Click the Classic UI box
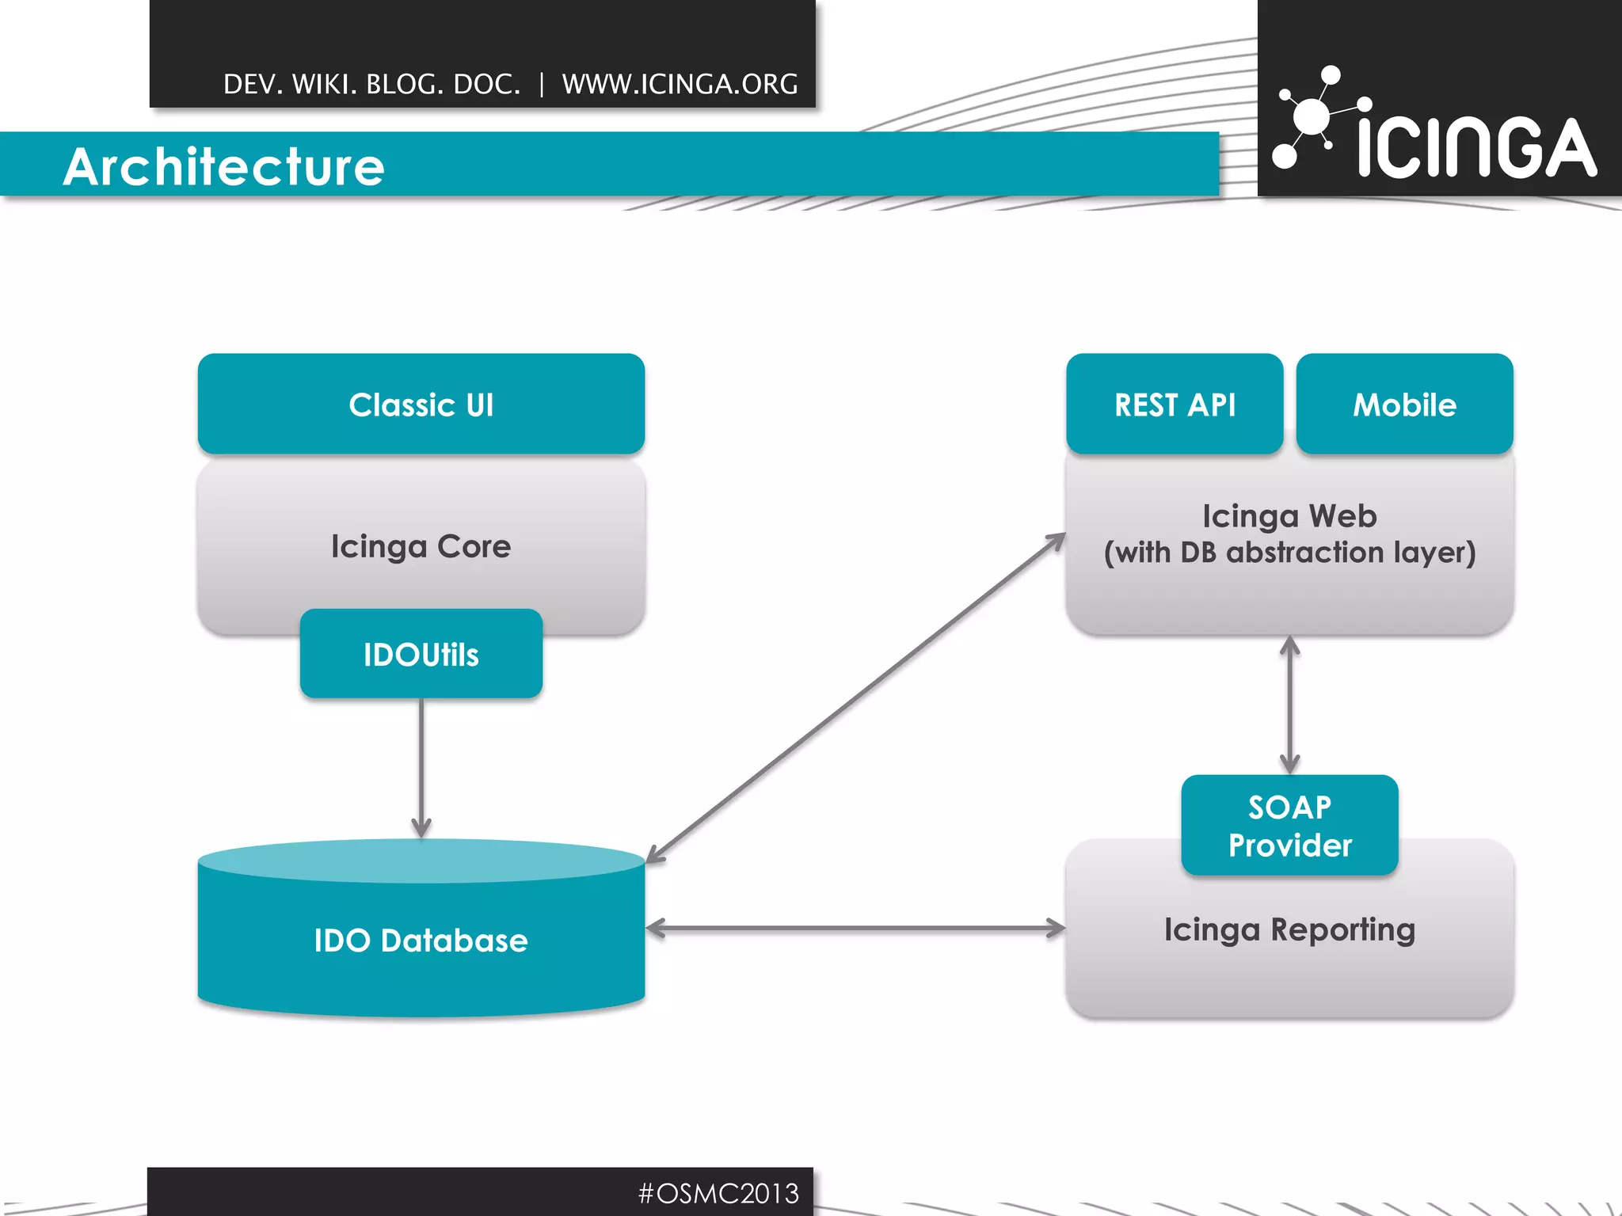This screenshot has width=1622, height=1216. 421,405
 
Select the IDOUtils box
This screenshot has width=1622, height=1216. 421,655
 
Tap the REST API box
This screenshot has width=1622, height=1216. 1175,405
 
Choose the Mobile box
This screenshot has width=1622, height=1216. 1404,405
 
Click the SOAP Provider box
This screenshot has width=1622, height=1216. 1289,826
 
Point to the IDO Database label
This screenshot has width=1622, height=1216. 421,940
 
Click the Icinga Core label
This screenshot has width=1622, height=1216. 421,546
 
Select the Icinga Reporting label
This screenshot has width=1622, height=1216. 1289,929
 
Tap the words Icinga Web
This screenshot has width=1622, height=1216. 1289,516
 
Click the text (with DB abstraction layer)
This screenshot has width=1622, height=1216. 1289,553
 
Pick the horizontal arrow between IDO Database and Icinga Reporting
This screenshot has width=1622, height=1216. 855,928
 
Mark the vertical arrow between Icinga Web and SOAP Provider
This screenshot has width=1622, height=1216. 1289,705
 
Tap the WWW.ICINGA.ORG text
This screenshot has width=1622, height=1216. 680,84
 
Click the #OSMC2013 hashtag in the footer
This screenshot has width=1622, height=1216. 718,1193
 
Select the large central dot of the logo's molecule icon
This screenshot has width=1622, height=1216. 1312,117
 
